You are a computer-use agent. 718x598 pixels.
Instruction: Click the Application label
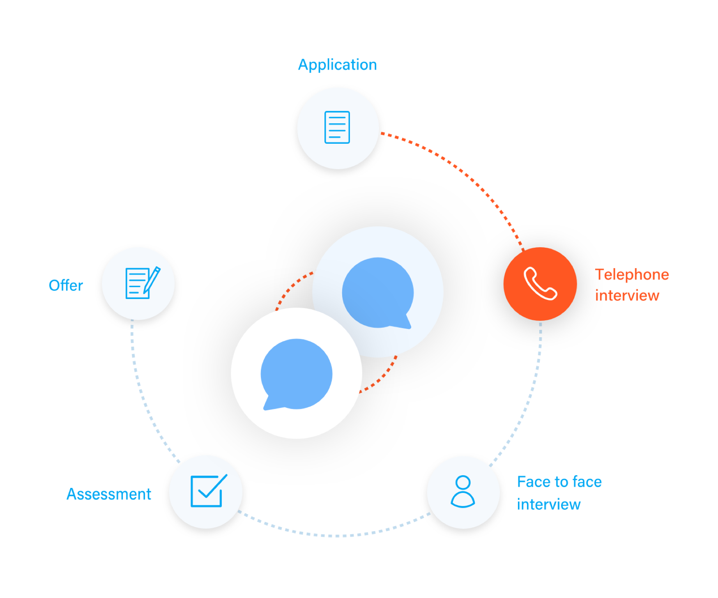pos(337,65)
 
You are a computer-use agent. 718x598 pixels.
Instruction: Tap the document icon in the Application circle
pos(337,127)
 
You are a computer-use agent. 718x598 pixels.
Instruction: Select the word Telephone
pos(631,275)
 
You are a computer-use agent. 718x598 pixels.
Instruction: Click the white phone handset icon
pos(540,284)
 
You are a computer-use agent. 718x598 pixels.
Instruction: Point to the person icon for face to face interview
pos(463,492)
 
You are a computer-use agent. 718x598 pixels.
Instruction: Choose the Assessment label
pos(109,494)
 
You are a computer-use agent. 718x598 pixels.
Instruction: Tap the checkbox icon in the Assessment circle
pos(206,491)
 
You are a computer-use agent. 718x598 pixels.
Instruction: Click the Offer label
pos(66,285)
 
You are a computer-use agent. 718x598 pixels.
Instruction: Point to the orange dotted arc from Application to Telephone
pos(464,172)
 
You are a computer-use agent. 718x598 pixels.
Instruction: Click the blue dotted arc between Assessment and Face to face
pos(335,535)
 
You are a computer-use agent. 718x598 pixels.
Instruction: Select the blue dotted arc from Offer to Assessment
pos(142,394)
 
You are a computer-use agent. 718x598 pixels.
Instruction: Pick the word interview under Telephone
pos(627,296)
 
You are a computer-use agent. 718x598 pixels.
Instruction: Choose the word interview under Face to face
pos(549,505)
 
